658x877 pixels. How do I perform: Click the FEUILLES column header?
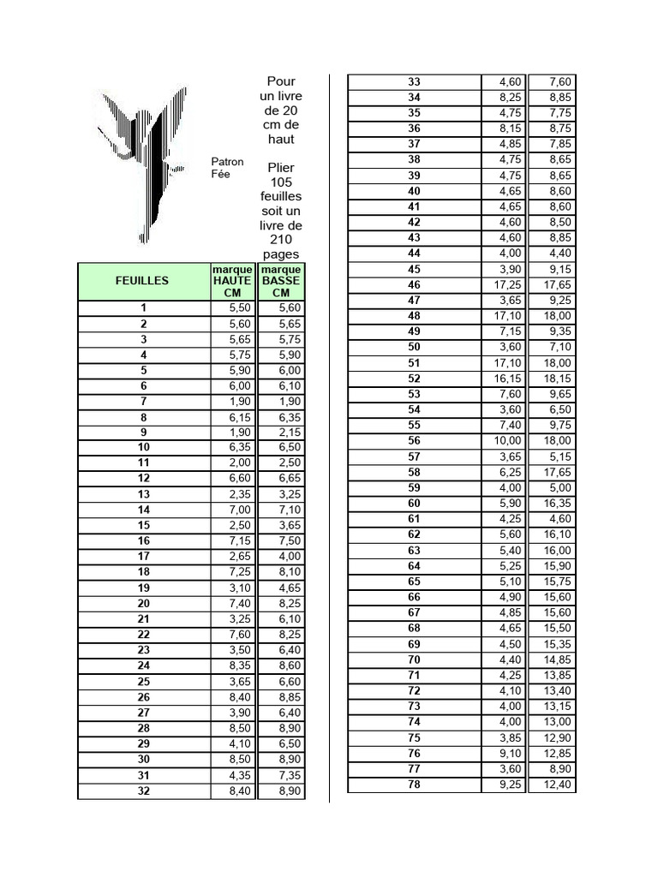pos(143,280)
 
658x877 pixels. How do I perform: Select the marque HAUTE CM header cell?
pos(232,281)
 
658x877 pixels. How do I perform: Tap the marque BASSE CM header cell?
pos(281,281)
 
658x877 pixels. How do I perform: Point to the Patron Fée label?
pos(227,167)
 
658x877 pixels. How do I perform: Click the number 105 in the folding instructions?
pos(281,182)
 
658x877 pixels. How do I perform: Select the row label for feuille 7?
pos(144,401)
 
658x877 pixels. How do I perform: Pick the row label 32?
pos(144,790)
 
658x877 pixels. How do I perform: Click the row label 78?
pos(414,785)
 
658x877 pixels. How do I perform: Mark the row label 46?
pos(414,284)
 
